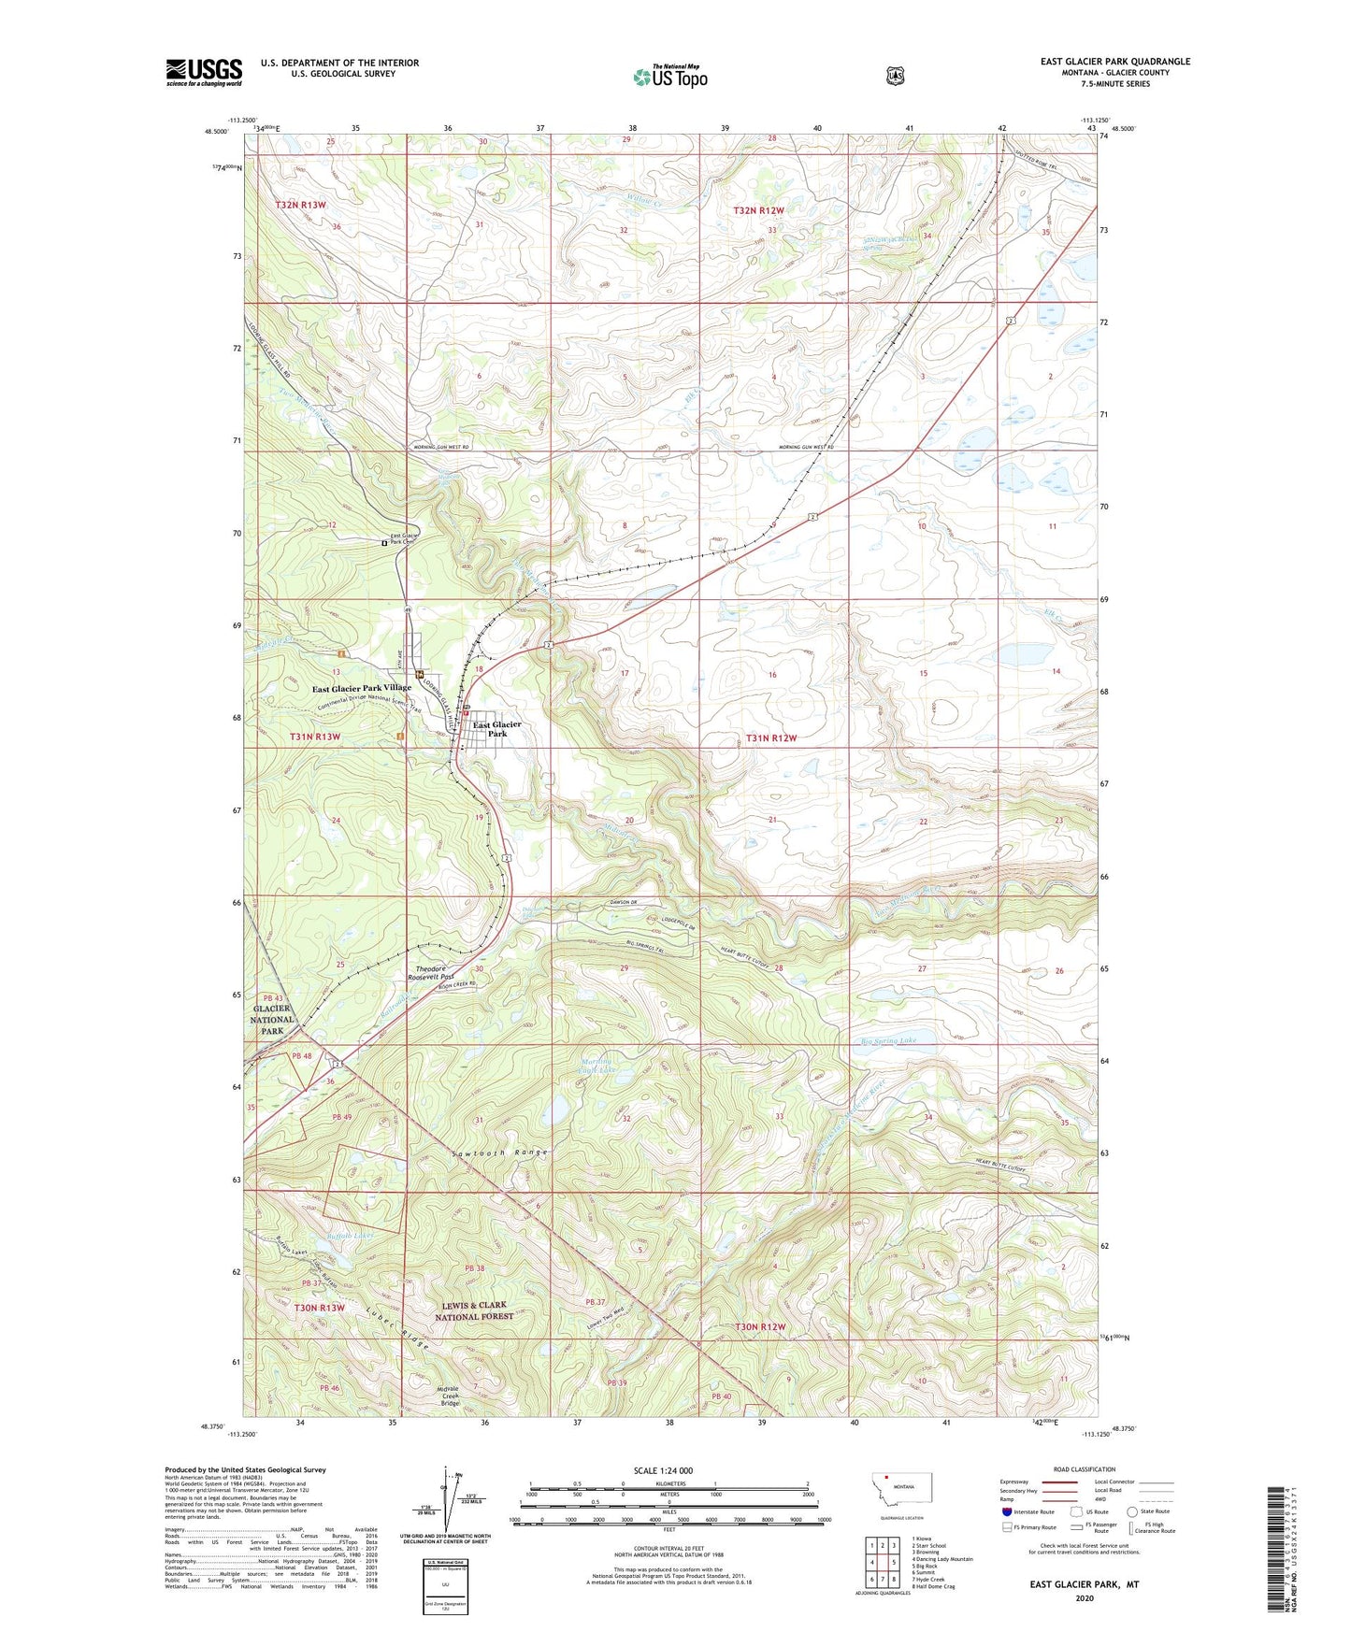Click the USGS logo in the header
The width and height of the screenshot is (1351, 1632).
point(204,72)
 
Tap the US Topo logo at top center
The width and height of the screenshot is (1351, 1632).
point(669,77)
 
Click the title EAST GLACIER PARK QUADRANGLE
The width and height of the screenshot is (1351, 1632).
point(1114,62)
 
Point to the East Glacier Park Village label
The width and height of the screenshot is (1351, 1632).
point(361,687)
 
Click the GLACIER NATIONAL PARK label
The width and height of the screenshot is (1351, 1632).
point(272,1020)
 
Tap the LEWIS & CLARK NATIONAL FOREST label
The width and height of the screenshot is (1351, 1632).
point(474,1310)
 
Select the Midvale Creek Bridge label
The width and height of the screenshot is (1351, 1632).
point(450,1396)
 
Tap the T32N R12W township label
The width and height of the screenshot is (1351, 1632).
point(758,211)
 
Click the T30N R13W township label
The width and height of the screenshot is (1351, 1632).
point(319,1308)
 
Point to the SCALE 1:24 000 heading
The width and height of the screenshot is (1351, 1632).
point(663,1470)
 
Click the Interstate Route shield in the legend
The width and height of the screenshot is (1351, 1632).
point(1006,1511)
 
